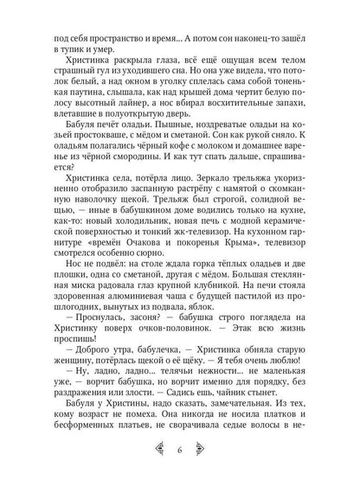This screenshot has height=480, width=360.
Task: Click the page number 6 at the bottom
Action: coord(180,451)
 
